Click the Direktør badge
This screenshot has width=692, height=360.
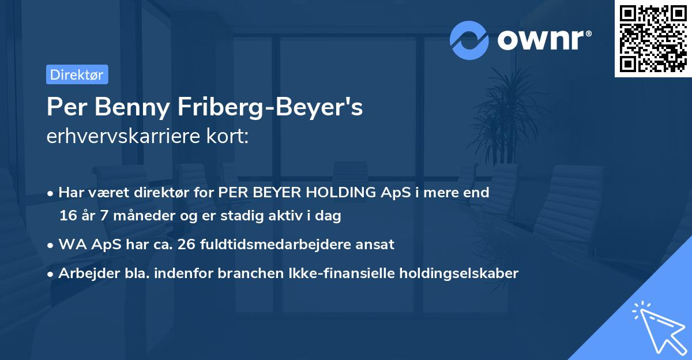tap(77, 74)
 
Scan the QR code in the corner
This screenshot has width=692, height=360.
tap(653, 38)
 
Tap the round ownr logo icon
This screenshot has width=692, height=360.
tap(469, 40)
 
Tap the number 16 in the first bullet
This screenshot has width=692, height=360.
tap(67, 216)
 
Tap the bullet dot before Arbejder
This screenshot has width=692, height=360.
tap(51, 273)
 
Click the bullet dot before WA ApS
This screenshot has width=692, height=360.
tap(51, 245)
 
